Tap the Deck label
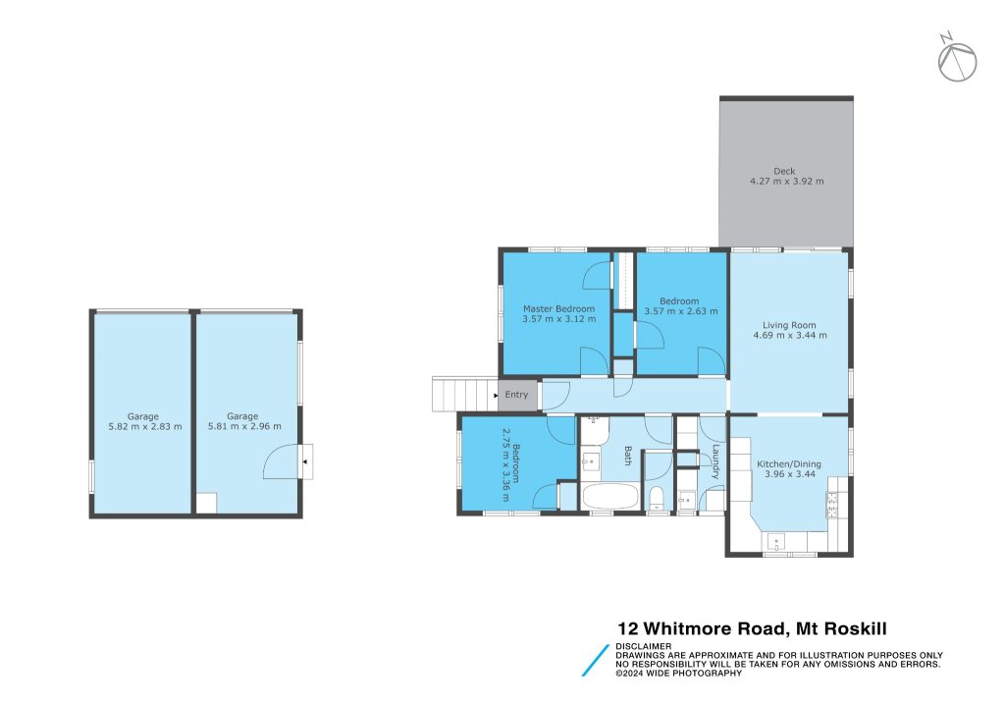pos(784,171)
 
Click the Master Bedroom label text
pos(558,308)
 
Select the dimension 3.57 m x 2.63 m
pos(681,311)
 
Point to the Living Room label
pos(789,325)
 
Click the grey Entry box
pos(517,395)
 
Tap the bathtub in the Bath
pos(610,496)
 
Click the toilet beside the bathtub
pos(657,498)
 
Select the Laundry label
pos(715,462)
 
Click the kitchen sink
pos(776,542)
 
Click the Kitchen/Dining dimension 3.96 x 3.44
pos(789,474)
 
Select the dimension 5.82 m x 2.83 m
pos(145,426)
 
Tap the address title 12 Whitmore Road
pos(702,629)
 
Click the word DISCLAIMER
pos(644,646)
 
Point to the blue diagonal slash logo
pos(596,661)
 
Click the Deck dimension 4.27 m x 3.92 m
pos(787,182)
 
